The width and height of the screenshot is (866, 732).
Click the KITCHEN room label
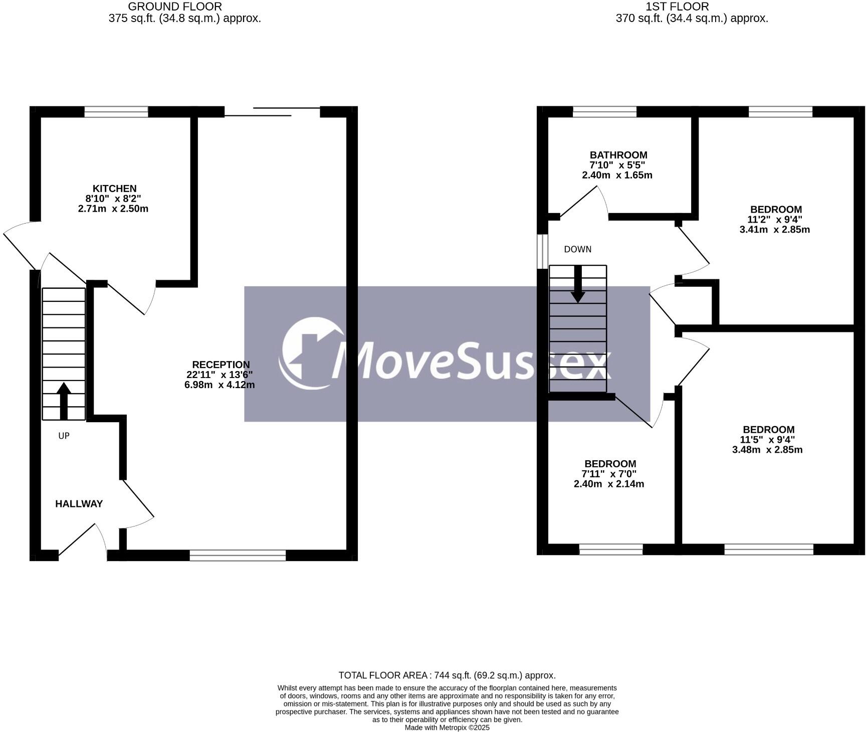point(115,189)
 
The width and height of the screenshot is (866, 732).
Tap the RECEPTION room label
point(221,364)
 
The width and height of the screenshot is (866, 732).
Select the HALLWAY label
point(79,504)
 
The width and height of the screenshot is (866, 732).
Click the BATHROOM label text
point(618,155)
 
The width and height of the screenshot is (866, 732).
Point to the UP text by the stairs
point(64,436)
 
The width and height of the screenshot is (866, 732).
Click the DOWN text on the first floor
point(577,249)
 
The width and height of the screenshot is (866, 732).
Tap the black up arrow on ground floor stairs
point(64,401)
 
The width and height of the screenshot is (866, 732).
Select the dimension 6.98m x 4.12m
point(220,385)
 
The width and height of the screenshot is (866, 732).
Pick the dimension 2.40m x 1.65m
point(617,175)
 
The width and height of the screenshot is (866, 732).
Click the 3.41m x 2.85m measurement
point(775,230)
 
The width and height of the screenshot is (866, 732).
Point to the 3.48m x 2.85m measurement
point(767,450)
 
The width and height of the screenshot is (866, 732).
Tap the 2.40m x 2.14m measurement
point(609,484)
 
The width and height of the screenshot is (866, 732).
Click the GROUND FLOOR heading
point(175,7)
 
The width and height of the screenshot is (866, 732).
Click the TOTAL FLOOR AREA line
point(447,675)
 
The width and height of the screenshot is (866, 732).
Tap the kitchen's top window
point(116,111)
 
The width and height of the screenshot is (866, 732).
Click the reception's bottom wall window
point(238,555)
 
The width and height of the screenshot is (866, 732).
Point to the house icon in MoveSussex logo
point(308,351)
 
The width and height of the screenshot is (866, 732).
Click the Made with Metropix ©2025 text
point(447,727)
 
